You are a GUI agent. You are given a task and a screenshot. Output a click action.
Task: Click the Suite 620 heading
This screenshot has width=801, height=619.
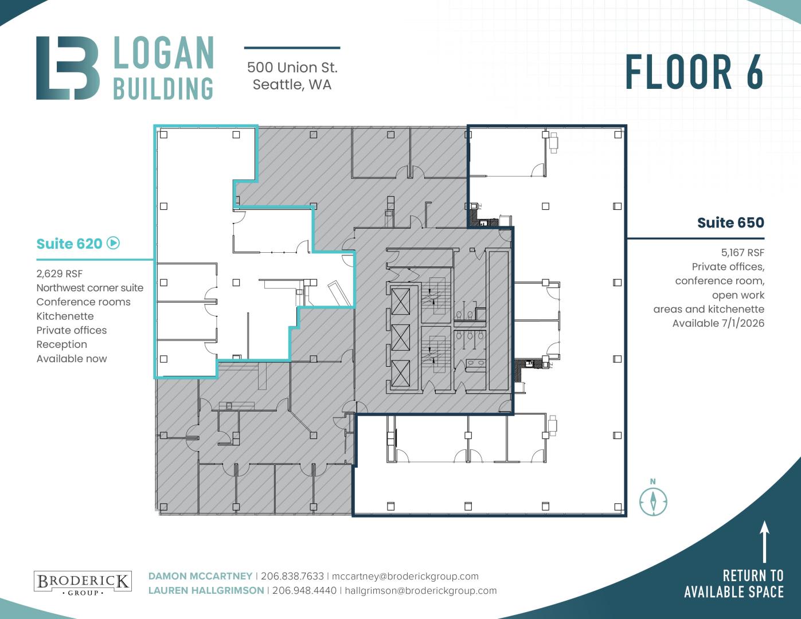(x=69, y=244)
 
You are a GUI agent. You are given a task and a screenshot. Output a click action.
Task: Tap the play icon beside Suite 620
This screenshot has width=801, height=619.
(x=113, y=243)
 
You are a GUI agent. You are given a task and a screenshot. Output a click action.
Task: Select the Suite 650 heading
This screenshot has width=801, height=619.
(x=730, y=222)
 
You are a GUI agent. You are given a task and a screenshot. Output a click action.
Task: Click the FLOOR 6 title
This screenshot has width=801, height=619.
(x=694, y=72)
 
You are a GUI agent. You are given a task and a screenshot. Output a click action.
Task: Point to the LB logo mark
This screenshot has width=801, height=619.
(x=68, y=68)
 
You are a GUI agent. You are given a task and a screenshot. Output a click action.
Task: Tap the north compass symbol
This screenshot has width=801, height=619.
(x=653, y=498)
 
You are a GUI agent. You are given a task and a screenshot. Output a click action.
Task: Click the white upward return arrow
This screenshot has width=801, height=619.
(x=764, y=542)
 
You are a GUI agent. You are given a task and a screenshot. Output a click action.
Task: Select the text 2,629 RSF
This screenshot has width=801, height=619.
(x=60, y=274)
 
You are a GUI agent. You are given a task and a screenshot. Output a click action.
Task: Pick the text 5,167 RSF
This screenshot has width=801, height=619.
(x=743, y=252)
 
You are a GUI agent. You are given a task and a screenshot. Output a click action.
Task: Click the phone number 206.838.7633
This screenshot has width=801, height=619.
(x=292, y=576)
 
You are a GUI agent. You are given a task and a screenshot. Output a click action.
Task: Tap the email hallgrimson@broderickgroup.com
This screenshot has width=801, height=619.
(x=421, y=590)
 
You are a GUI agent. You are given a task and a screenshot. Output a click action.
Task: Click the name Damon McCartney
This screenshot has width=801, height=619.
(x=200, y=576)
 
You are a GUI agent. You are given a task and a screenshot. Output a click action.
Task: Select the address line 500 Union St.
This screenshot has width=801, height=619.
(x=292, y=68)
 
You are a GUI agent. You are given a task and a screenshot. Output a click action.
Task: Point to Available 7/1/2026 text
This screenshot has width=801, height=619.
(x=718, y=323)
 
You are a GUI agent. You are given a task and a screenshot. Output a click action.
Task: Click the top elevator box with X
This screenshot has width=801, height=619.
(x=400, y=301)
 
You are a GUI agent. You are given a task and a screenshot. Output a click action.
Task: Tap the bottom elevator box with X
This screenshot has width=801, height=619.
(x=400, y=373)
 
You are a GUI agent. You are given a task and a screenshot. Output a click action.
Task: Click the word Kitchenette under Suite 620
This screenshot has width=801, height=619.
(x=65, y=316)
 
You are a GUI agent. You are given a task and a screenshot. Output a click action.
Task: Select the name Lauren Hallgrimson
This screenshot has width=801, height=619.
(x=206, y=590)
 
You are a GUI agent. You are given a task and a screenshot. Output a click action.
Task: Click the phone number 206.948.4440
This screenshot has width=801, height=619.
(x=304, y=590)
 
